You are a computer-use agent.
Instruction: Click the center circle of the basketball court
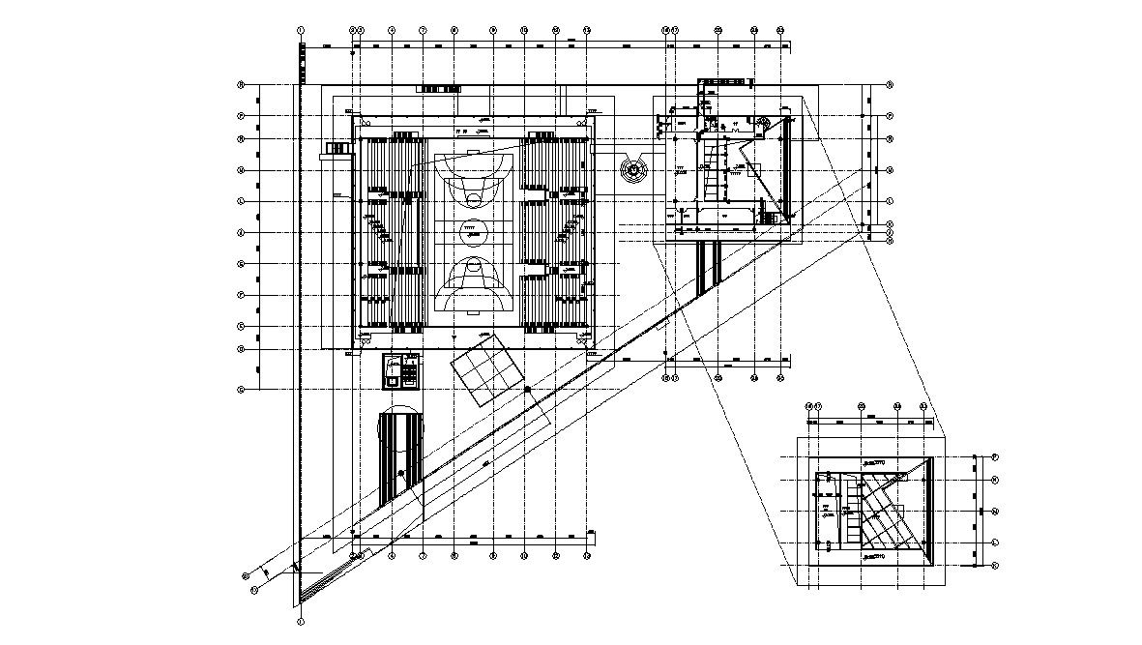pos(473,231)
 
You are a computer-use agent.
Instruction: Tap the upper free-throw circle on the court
pos(473,198)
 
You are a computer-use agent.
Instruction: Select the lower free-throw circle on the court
pos(473,263)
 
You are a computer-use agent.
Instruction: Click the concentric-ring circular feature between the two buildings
pos(633,170)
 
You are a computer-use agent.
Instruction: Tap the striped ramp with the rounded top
pos(400,454)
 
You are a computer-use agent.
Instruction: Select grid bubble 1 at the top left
pos(302,30)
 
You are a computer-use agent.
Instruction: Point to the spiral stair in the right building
pos(762,123)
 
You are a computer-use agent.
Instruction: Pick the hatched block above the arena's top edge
pos(439,89)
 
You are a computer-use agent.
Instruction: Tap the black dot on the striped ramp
pos(400,473)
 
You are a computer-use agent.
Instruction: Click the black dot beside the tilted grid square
pos(527,389)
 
